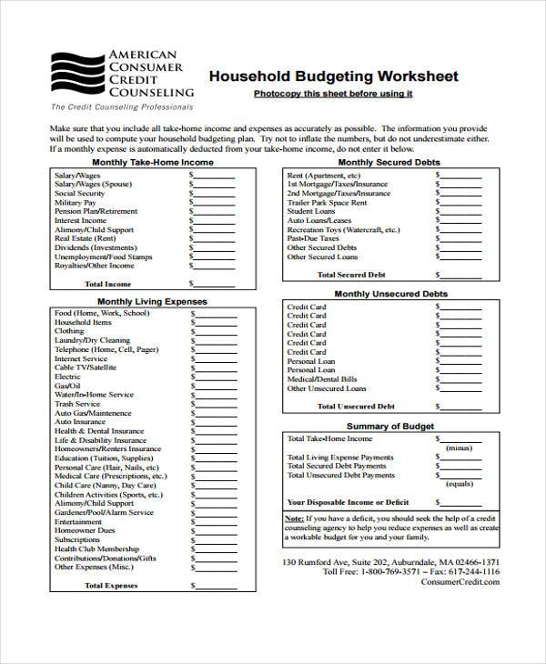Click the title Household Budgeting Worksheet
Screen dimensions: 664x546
pyautogui.click(x=334, y=76)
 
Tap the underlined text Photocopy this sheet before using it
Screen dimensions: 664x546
pyautogui.click(x=333, y=94)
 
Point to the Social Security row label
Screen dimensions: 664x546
pyautogui.click(x=79, y=194)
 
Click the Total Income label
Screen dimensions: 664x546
pyautogui.click(x=108, y=284)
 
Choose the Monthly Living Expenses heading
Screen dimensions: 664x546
pyautogui.click(x=139, y=301)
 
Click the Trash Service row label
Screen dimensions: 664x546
pyautogui.click(x=77, y=404)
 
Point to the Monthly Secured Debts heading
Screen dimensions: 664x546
pyautogui.click(x=389, y=162)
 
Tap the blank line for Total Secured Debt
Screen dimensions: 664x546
pyautogui.click(x=460, y=274)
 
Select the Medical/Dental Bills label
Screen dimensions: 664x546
pyautogui.click(x=322, y=379)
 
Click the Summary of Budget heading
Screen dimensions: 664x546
pyautogui.click(x=389, y=426)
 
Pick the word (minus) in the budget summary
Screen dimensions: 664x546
pyautogui.click(x=459, y=448)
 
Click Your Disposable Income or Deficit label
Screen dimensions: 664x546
pyautogui.click(x=348, y=501)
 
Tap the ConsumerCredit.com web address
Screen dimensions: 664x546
pyautogui.click(x=460, y=582)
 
